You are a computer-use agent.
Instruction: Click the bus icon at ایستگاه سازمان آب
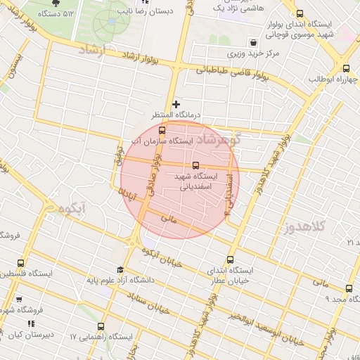click(x=162, y=130)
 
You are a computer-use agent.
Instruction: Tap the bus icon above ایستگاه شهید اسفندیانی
click(x=195, y=165)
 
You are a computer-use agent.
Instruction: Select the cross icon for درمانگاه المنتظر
click(x=176, y=104)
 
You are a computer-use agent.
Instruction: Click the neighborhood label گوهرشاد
click(x=220, y=138)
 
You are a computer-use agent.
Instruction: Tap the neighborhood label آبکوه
click(x=72, y=208)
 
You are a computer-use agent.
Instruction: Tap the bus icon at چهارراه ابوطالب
click(x=346, y=68)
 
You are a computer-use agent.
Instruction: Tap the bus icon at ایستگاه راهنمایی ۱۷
click(x=101, y=326)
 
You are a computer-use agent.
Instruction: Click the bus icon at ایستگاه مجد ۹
click(x=349, y=288)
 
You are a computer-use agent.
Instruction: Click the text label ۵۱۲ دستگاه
click(x=58, y=13)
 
